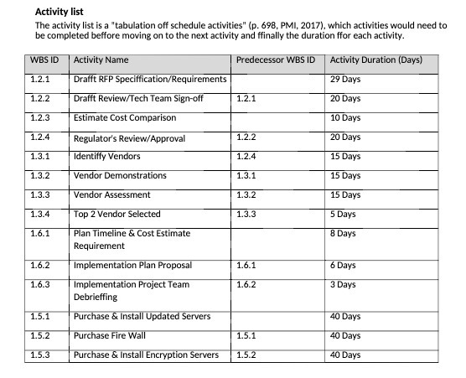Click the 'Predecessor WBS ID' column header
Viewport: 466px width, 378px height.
point(276,61)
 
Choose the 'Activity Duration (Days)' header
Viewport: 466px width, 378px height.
point(376,61)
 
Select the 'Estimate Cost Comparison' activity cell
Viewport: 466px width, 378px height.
point(126,117)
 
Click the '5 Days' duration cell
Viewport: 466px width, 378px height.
point(343,215)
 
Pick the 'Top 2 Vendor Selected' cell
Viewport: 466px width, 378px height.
point(117,215)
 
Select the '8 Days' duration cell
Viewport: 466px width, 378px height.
point(343,234)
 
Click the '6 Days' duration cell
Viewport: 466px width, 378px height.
point(343,266)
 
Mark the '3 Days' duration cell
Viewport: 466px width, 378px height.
point(343,285)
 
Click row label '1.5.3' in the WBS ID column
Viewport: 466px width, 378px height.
point(40,355)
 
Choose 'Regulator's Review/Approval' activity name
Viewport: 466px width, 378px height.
point(129,137)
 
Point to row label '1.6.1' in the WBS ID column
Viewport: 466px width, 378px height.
point(40,234)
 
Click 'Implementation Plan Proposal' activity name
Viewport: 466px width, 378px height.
point(132,266)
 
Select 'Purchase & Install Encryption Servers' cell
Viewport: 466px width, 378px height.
point(146,355)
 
